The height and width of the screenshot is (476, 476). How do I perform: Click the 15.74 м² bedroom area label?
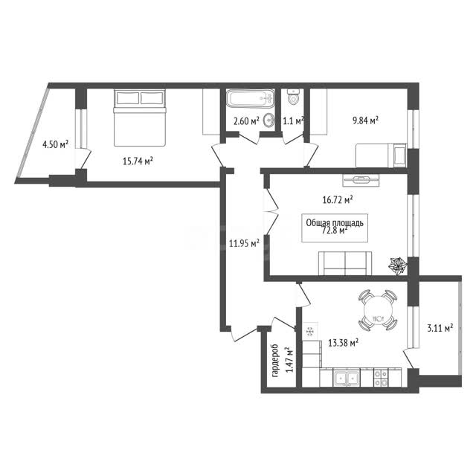[138, 161]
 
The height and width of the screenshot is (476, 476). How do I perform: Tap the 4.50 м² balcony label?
[55, 144]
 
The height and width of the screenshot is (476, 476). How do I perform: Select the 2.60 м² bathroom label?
[246, 121]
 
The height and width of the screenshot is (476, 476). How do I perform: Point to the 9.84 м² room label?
[365, 120]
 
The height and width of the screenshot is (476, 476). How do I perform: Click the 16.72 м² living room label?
[337, 200]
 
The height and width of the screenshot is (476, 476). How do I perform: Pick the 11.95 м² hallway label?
[244, 243]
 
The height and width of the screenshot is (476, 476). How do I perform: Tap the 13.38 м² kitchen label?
[344, 343]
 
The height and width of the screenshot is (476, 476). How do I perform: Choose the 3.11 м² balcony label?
[440, 328]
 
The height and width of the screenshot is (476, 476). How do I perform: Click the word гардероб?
[275, 361]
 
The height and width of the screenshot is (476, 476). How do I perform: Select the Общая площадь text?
[335, 223]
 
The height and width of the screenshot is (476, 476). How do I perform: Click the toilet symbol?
[293, 97]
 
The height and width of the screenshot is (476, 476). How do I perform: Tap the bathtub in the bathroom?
[250, 98]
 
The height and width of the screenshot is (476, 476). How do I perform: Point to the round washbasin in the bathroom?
[268, 120]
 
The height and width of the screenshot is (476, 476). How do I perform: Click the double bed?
[140, 118]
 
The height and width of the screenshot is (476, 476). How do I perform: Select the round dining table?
[378, 310]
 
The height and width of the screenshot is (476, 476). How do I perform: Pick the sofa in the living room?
[345, 263]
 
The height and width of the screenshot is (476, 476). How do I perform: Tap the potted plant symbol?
[398, 266]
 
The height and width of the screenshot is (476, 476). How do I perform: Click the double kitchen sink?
[347, 378]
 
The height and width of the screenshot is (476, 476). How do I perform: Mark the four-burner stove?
[381, 378]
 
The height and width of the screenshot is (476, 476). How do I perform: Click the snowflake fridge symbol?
[310, 332]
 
